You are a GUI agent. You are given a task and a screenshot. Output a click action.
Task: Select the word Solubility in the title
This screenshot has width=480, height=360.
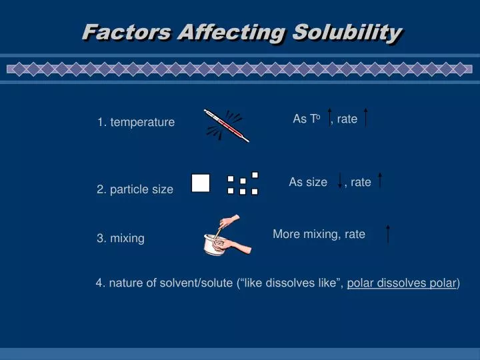(x=347, y=31)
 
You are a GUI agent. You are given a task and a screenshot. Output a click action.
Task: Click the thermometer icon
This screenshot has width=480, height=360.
(x=227, y=125)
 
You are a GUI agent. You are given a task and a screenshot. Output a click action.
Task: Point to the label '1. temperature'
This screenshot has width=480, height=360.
(x=135, y=122)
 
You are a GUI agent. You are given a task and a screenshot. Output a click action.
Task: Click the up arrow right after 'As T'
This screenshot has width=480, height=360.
(x=329, y=118)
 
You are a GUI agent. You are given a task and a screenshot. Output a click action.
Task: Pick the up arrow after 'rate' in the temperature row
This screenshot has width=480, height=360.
(x=367, y=118)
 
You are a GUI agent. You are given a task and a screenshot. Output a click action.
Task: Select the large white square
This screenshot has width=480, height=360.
(x=201, y=183)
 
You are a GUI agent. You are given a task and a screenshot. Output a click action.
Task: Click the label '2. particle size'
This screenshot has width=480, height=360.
(x=135, y=189)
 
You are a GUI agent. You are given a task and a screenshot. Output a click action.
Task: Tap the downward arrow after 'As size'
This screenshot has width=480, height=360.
(x=341, y=180)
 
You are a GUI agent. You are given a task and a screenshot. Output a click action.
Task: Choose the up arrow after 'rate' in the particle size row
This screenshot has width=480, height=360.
(x=379, y=180)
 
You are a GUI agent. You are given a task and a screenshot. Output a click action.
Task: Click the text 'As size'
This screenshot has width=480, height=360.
(x=308, y=182)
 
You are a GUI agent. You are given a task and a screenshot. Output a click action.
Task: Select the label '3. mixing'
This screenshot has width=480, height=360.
(x=120, y=238)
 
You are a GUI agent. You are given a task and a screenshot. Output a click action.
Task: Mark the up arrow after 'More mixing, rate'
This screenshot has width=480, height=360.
(x=387, y=234)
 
